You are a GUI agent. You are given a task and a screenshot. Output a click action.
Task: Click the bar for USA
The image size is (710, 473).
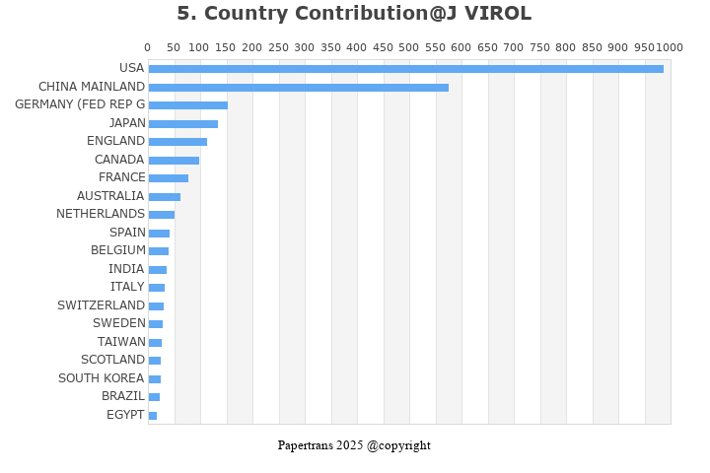tap(405, 69)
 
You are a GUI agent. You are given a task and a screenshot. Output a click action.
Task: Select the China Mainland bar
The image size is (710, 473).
tap(298, 88)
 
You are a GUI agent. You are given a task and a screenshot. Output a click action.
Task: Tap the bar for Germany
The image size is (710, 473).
tap(187, 105)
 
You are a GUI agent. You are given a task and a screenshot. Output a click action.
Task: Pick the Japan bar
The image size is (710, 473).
tap(182, 124)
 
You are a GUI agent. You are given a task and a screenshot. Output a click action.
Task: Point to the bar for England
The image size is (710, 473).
tap(177, 142)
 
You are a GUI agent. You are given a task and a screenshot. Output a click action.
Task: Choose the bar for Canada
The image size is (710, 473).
tap(174, 161)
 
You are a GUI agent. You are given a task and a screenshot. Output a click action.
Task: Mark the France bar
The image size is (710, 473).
tap(168, 178)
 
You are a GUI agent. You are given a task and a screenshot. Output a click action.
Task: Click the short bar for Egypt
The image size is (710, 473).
tap(153, 416)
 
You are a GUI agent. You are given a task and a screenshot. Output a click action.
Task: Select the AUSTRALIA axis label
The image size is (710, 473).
tap(110, 196)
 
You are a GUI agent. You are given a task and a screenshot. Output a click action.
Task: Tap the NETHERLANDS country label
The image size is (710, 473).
tap(101, 214)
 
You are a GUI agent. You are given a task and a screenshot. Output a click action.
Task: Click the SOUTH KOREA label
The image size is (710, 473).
tap(102, 378)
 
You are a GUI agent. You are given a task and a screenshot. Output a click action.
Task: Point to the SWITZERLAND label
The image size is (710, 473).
tap(101, 305)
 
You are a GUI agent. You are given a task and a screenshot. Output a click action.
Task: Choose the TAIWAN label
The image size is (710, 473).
tap(121, 342)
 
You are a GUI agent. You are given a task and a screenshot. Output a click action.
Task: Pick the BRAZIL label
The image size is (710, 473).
tap(123, 396)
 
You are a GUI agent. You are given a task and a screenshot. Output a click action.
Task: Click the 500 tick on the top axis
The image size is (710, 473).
tap(409, 47)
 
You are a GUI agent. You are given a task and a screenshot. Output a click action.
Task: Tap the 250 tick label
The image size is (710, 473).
tap(278, 47)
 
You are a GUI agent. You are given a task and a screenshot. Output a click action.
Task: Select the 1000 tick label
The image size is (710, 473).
tap(670, 47)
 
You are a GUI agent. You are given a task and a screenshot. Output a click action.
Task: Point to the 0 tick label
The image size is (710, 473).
tap(148, 47)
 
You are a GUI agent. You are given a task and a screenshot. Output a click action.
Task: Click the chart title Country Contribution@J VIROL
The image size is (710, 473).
tap(354, 14)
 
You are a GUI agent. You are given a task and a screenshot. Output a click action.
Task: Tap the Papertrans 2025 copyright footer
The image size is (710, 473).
tap(354, 445)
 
